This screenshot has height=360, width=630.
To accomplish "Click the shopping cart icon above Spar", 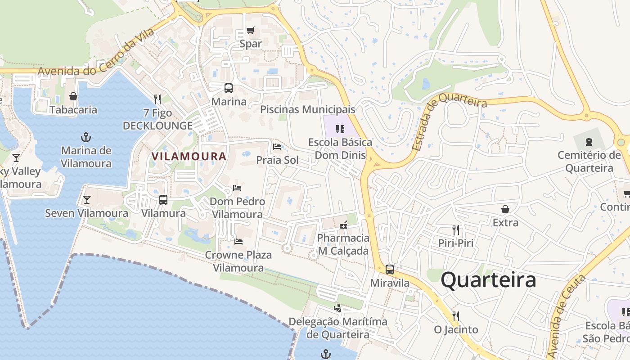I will (251, 31).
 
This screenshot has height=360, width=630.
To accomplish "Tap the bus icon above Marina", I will (229, 88).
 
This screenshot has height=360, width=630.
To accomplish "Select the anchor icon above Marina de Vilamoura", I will (86, 137).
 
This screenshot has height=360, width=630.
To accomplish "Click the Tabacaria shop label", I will (73, 110).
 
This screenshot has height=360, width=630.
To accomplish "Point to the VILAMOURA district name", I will (189, 157).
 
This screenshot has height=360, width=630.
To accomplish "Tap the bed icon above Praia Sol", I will (277, 147).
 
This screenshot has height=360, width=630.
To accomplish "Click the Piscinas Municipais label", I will (308, 109).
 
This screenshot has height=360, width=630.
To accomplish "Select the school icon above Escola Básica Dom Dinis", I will (340, 130).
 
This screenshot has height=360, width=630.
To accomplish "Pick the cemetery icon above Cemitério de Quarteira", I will (589, 142).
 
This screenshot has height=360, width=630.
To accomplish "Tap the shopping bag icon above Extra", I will (505, 209).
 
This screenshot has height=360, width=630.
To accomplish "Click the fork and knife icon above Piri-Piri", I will (456, 230).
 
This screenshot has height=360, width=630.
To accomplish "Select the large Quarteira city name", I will (488, 280).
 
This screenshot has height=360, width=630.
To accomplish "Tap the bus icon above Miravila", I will (390, 270).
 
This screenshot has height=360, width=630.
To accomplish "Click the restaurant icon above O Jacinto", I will (456, 316).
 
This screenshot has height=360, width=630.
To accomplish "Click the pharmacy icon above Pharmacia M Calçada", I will (343, 225).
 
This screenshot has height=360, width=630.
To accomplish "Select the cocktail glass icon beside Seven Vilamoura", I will (87, 199).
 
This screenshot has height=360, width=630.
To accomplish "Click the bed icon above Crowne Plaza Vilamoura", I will (238, 242).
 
